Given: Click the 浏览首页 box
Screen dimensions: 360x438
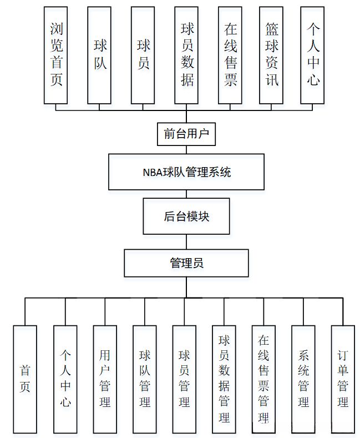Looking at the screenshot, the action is click(56, 56).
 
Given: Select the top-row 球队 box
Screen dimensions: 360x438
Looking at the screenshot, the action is click(99, 56).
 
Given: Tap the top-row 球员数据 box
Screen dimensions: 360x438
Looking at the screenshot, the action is click(186, 56).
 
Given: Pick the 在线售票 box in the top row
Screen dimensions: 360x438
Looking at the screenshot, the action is click(230, 56).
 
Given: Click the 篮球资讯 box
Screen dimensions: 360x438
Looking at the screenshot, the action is click(271, 56).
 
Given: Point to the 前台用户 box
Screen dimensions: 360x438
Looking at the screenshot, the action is click(186, 134).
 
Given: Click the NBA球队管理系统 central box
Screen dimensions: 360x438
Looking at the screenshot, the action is click(186, 172).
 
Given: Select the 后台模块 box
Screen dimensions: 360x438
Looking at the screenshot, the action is click(186, 216).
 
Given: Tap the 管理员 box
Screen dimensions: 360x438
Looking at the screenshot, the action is click(186, 263).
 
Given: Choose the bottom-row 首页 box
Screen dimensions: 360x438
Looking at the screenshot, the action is click(25, 379).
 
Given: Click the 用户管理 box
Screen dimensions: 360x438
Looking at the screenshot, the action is click(105, 379).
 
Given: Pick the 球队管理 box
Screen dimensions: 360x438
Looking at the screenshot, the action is click(145, 379).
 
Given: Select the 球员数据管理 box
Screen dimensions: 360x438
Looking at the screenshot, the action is click(224, 379).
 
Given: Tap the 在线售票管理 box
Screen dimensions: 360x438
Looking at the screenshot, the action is click(263, 379).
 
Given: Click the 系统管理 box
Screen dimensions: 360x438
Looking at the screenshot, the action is click(303, 379).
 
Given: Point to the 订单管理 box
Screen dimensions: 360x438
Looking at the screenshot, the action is click(343, 379).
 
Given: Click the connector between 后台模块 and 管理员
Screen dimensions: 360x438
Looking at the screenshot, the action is click(186, 242).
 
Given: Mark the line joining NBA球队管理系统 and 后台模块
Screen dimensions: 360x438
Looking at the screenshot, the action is click(186, 194).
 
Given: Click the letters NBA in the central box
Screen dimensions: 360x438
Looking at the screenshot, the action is click(153, 172).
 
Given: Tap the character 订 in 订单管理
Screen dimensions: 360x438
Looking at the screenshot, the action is click(343, 356).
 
